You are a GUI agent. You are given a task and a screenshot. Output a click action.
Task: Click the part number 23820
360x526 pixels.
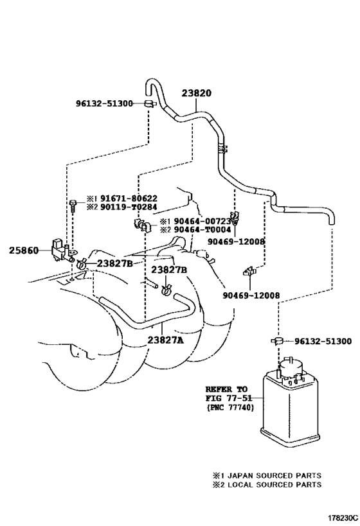[x=197, y=93]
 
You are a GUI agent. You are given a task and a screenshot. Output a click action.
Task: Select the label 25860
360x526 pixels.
[x=24, y=250]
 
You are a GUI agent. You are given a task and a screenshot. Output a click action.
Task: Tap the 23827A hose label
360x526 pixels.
[x=166, y=340]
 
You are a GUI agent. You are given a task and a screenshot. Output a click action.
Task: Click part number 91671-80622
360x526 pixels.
[x=129, y=198]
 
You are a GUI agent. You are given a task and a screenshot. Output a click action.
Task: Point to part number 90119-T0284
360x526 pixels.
[x=129, y=207]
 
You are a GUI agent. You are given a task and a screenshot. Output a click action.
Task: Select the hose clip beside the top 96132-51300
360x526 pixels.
[x=150, y=103]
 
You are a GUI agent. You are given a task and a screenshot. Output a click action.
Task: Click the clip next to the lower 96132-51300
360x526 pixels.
[x=277, y=341]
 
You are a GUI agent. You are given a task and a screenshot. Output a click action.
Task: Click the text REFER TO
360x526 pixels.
[x=226, y=389]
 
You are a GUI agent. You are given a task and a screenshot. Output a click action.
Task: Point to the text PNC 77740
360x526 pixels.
[x=230, y=408]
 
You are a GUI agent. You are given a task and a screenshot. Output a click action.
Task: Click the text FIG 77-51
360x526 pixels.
[x=228, y=399]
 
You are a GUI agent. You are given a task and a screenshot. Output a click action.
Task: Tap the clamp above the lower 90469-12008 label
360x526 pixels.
[x=249, y=271]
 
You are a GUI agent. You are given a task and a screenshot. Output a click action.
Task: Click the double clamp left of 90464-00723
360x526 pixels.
[x=142, y=225]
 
